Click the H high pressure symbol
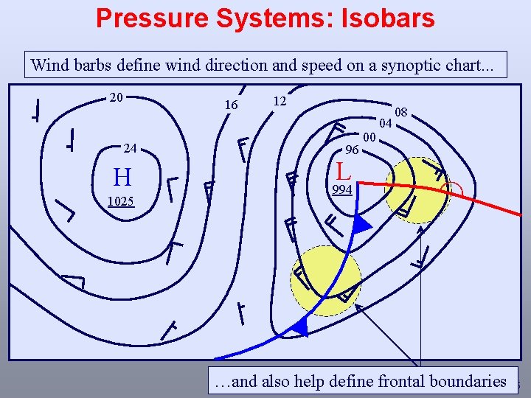coord(122,178)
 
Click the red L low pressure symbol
coord(343,172)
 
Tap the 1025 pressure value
coord(120,201)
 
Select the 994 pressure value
coord(341,190)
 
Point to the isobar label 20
coord(116,97)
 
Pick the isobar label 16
coord(231,105)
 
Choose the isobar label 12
coord(279,99)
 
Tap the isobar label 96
coord(353,150)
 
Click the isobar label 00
coord(369,137)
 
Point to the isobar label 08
coord(401,112)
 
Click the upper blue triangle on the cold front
coord(361,226)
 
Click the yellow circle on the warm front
coord(417,190)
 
